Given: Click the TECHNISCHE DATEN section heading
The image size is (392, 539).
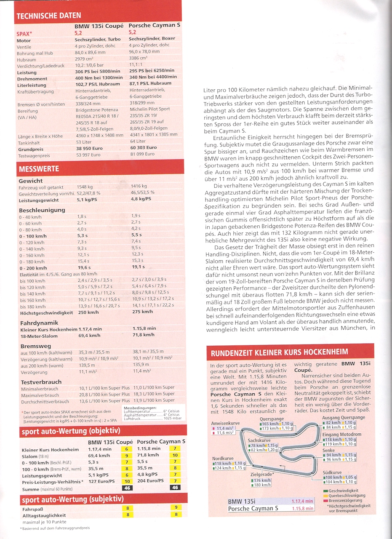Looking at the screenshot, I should coord(48,16).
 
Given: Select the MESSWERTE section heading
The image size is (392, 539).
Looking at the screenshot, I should coord(38,169).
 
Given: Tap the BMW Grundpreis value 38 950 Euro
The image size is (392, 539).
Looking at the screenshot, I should coord(90,148).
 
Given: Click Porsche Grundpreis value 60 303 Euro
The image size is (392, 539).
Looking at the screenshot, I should coord(144,148).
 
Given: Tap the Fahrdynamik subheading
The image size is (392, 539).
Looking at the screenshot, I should coord(36,323).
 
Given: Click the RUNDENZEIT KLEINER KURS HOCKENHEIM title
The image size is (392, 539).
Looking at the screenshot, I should coord(280,352).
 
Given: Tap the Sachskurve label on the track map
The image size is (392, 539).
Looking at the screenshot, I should coord(259,440).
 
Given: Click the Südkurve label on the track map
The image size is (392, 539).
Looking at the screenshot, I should coord(332,472).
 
